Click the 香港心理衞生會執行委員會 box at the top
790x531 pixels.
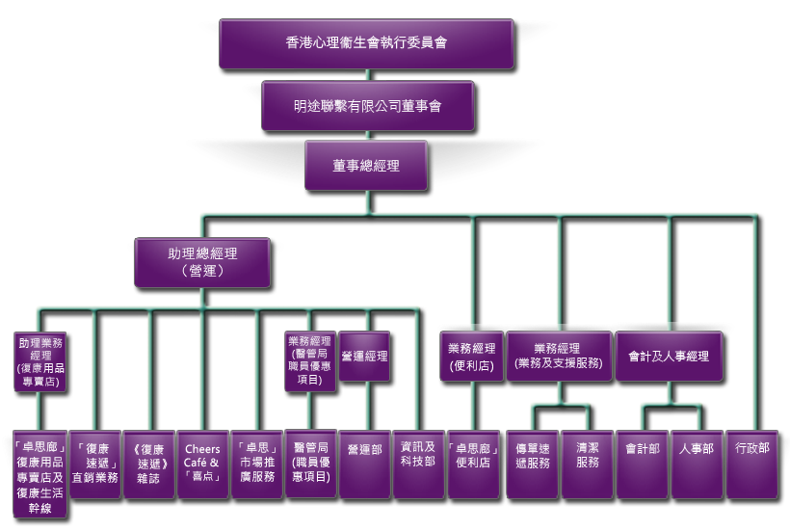click(365, 43)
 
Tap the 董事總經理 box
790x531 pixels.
click(366, 165)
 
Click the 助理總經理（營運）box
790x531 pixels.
click(201, 262)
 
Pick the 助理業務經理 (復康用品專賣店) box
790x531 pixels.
click(39, 361)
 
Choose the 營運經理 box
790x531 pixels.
click(364, 357)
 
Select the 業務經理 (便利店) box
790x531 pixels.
click(472, 356)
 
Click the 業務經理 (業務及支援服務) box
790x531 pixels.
click(559, 356)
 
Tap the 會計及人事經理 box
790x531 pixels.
click(668, 356)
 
